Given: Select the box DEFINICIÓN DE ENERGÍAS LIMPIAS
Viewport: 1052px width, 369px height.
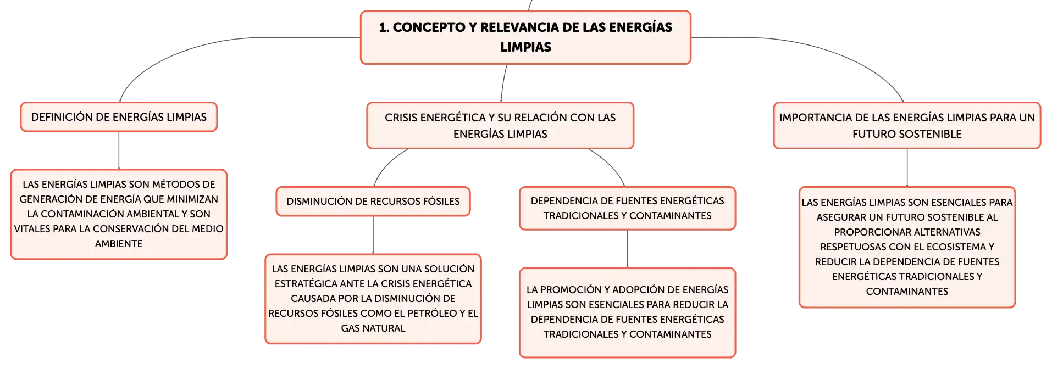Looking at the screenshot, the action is [119, 117].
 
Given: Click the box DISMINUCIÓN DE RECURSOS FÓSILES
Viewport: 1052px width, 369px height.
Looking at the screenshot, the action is [373, 202].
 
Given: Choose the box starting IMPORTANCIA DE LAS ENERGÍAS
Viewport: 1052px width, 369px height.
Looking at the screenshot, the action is [907, 126].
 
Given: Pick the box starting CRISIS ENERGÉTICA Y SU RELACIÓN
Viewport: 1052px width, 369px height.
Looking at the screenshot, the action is [500, 126].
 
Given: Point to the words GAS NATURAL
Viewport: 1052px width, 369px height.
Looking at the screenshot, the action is [373, 328].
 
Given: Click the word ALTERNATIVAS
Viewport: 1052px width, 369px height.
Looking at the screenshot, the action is [943, 232].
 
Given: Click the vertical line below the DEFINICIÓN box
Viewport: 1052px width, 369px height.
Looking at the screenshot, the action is [119, 150].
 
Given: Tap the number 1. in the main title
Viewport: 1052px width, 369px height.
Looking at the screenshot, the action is [384, 27].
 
